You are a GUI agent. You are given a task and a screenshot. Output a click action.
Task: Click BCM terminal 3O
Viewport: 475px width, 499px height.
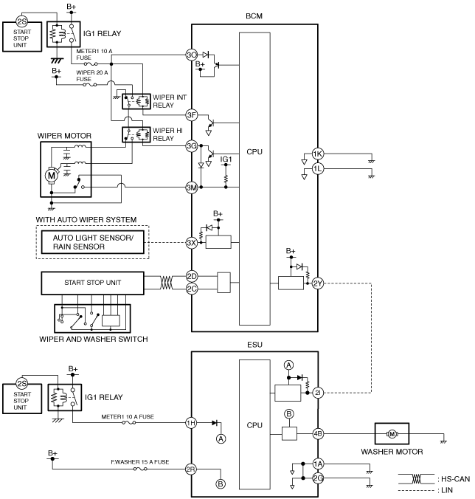point(191,55)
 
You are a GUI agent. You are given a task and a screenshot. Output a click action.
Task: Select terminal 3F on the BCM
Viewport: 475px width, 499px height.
point(191,115)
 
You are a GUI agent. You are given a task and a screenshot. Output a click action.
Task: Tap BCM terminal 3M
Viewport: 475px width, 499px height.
point(191,187)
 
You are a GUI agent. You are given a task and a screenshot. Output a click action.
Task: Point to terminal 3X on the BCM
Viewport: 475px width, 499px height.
point(191,243)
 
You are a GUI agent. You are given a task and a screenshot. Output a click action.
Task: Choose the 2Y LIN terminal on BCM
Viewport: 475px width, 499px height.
point(318,283)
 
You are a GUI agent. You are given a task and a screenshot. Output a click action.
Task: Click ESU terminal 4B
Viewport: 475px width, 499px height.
point(318,433)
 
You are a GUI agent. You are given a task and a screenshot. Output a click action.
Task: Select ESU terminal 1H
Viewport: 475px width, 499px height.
point(191,423)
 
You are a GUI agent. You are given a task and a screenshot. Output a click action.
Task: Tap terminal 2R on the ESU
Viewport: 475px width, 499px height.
point(191,469)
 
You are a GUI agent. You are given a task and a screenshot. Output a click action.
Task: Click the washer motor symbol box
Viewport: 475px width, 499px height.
point(392,433)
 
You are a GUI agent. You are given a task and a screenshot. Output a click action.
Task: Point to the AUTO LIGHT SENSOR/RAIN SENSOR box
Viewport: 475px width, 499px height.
point(92,242)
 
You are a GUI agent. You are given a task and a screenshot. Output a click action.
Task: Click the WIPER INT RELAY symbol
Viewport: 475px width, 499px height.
point(136,102)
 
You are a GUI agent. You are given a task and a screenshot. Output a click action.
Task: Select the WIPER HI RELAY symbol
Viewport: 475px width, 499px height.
point(136,134)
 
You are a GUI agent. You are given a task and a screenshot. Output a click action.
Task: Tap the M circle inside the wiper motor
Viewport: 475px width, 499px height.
point(51,176)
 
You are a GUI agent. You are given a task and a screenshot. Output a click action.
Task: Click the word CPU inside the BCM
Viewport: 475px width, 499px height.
point(254,152)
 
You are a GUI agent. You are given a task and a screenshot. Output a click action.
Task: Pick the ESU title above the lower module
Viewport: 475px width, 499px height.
point(254,345)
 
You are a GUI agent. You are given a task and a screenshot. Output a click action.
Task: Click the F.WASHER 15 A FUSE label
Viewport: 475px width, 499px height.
point(140,462)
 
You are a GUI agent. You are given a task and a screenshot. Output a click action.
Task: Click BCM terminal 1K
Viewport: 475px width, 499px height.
point(318,154)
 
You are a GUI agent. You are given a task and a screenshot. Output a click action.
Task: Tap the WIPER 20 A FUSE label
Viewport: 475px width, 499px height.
point(92,76)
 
